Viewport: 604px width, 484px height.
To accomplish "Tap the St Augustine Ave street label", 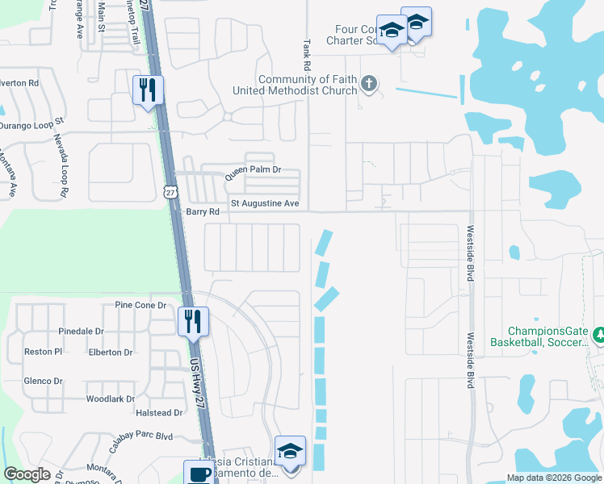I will coord(265,203).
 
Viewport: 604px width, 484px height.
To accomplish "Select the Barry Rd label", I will coord(203,212).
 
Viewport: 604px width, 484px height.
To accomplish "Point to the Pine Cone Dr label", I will coord(140,306).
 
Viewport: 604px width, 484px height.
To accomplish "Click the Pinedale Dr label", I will coord(82,332).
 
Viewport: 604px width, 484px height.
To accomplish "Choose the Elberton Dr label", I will coord(111,353).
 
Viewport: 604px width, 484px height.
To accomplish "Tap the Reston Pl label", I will coord(43,353).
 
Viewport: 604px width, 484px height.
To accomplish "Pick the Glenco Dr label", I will coord(38,382).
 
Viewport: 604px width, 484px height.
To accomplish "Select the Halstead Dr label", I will coord(160,413).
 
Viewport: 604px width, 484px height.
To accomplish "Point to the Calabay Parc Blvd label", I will coord(141,436).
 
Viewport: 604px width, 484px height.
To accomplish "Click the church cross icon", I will coord(369,84).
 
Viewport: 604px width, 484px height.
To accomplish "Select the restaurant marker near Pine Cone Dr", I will coord(193,321).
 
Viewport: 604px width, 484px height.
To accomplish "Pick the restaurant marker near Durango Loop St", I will coord(148,90).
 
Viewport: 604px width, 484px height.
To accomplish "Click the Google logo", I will coord(27,474).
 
